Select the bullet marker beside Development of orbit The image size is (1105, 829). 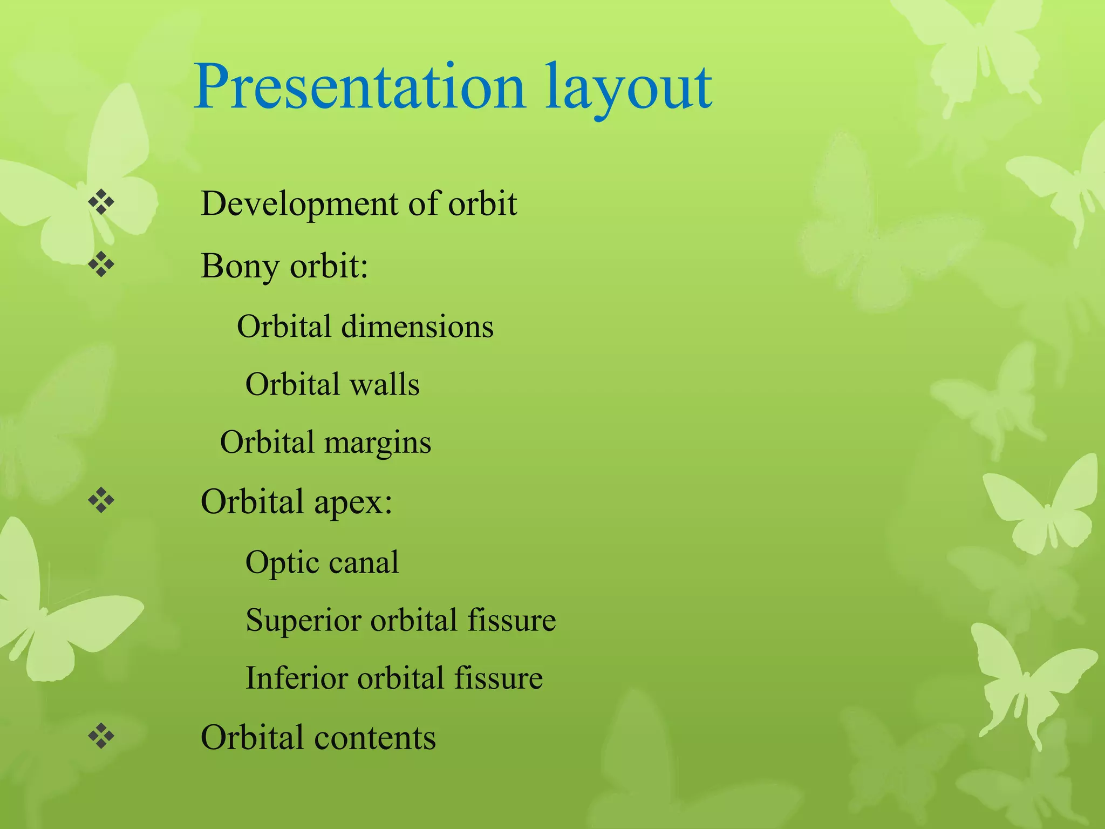point(101,203)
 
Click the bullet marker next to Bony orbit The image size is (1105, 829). point(101,264)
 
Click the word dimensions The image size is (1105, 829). point(417,327)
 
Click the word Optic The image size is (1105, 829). point(282,563)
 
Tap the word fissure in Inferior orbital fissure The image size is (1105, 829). point(498,678)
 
